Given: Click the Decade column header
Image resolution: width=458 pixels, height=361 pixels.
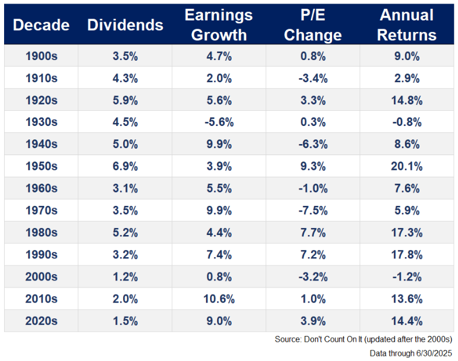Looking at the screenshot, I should coord(41,25).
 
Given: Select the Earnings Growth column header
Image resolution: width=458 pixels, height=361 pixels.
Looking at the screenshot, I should coord(219,24).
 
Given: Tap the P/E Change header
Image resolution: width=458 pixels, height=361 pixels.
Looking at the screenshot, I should coord(312,24).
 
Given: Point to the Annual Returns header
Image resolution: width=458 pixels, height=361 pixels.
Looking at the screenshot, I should coord(406,24).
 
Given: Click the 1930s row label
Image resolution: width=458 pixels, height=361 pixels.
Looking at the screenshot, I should coord(41,122).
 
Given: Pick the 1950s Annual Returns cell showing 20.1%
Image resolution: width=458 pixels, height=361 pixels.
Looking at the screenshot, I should coord(407,166).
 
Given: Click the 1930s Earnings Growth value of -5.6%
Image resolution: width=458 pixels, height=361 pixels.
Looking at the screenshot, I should coord(219,122).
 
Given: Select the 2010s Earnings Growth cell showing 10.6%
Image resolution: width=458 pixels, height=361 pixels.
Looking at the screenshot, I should coord(219,299).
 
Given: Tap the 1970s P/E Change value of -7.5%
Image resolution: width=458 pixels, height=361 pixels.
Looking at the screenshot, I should coord(313,211).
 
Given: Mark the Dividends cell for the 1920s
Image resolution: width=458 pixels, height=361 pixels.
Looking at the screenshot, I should coord(125,100).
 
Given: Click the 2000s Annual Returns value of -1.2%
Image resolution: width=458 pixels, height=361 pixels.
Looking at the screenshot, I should coord(407,277).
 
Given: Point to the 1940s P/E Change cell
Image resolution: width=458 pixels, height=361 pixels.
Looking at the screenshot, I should coord(313,144).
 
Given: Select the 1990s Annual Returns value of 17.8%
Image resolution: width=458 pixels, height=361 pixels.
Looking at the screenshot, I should coord(407,255).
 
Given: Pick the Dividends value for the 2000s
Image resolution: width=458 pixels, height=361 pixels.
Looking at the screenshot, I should coord(125,277).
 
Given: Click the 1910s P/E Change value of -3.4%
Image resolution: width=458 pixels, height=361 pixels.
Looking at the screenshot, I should coord(313,78).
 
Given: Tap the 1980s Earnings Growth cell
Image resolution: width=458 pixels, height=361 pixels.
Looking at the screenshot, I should coord(219,233).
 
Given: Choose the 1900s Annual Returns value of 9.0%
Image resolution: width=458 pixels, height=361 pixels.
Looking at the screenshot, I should coord(407,55).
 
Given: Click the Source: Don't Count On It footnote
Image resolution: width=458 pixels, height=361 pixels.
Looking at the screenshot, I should coord(363,339).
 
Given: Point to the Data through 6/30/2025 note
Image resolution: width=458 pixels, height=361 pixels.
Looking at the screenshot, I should coord(411,353).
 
